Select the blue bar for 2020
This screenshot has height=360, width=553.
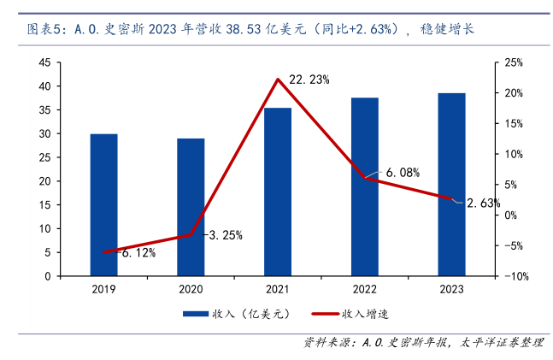tap(191, 208)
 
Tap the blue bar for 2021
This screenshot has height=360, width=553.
tap(278, 192)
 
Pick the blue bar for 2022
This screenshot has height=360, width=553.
tap(364, 187)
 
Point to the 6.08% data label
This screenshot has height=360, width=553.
tap(403, 172)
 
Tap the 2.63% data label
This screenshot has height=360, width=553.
tap(484, 203)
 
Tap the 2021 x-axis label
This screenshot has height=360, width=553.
tap(278, 290)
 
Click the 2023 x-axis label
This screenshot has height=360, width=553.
tap(451, 290)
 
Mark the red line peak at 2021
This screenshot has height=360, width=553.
tap(278, 80)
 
